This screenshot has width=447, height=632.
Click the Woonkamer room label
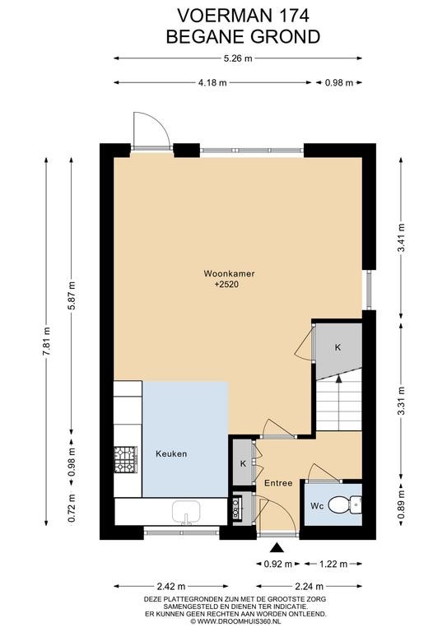(x=229, y=274)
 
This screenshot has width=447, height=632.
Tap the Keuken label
(x=171, y=454)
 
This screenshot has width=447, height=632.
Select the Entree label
(x=278, y=483)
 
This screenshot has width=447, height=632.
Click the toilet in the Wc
(x=345, y=504)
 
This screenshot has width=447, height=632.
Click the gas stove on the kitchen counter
(x=126, y=459)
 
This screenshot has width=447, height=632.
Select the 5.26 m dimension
(x=238, y=58)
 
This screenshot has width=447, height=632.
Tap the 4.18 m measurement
(x=212, y=82)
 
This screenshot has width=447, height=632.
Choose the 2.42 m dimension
(x=170, y=586)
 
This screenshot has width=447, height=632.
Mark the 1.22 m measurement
(x=333, y=564)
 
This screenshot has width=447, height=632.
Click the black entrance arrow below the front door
(x=277, y=547)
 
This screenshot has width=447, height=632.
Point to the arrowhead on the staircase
(x=338, y=378)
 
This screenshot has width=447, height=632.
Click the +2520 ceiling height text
(x=226, y=285)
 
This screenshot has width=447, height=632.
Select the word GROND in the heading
(x=285, y=37)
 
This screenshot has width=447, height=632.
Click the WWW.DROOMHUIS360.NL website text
(x=239, y=621)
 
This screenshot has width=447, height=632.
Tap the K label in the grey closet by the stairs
(x=338, y=347)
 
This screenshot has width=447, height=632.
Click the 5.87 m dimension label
(x=72, y=295)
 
